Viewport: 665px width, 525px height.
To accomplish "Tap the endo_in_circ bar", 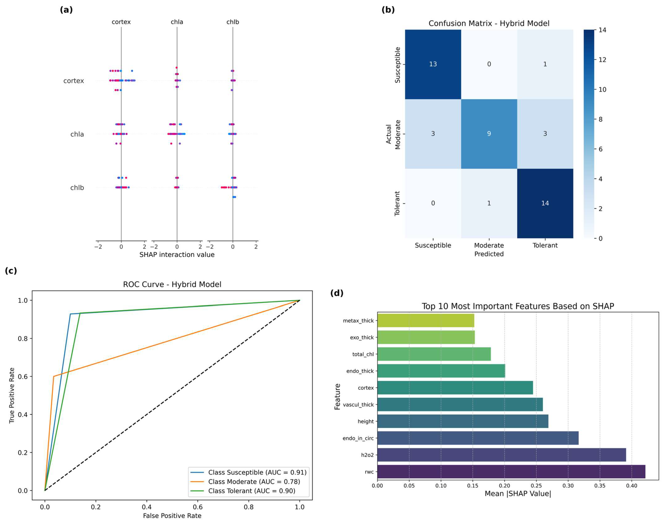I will pos(478,438).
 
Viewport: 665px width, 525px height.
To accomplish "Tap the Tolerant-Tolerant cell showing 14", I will pos(545,203).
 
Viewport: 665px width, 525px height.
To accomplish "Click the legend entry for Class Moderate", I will pos(254,482).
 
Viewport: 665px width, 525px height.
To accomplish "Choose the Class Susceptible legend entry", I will pos(257,473).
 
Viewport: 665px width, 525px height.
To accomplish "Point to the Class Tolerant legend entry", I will pos(251,491).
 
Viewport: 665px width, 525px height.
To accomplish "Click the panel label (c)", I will pos(11,271).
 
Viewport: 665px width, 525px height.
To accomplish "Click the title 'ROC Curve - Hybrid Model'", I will pos(172,284).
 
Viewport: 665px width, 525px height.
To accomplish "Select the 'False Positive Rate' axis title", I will pos(172,515).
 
